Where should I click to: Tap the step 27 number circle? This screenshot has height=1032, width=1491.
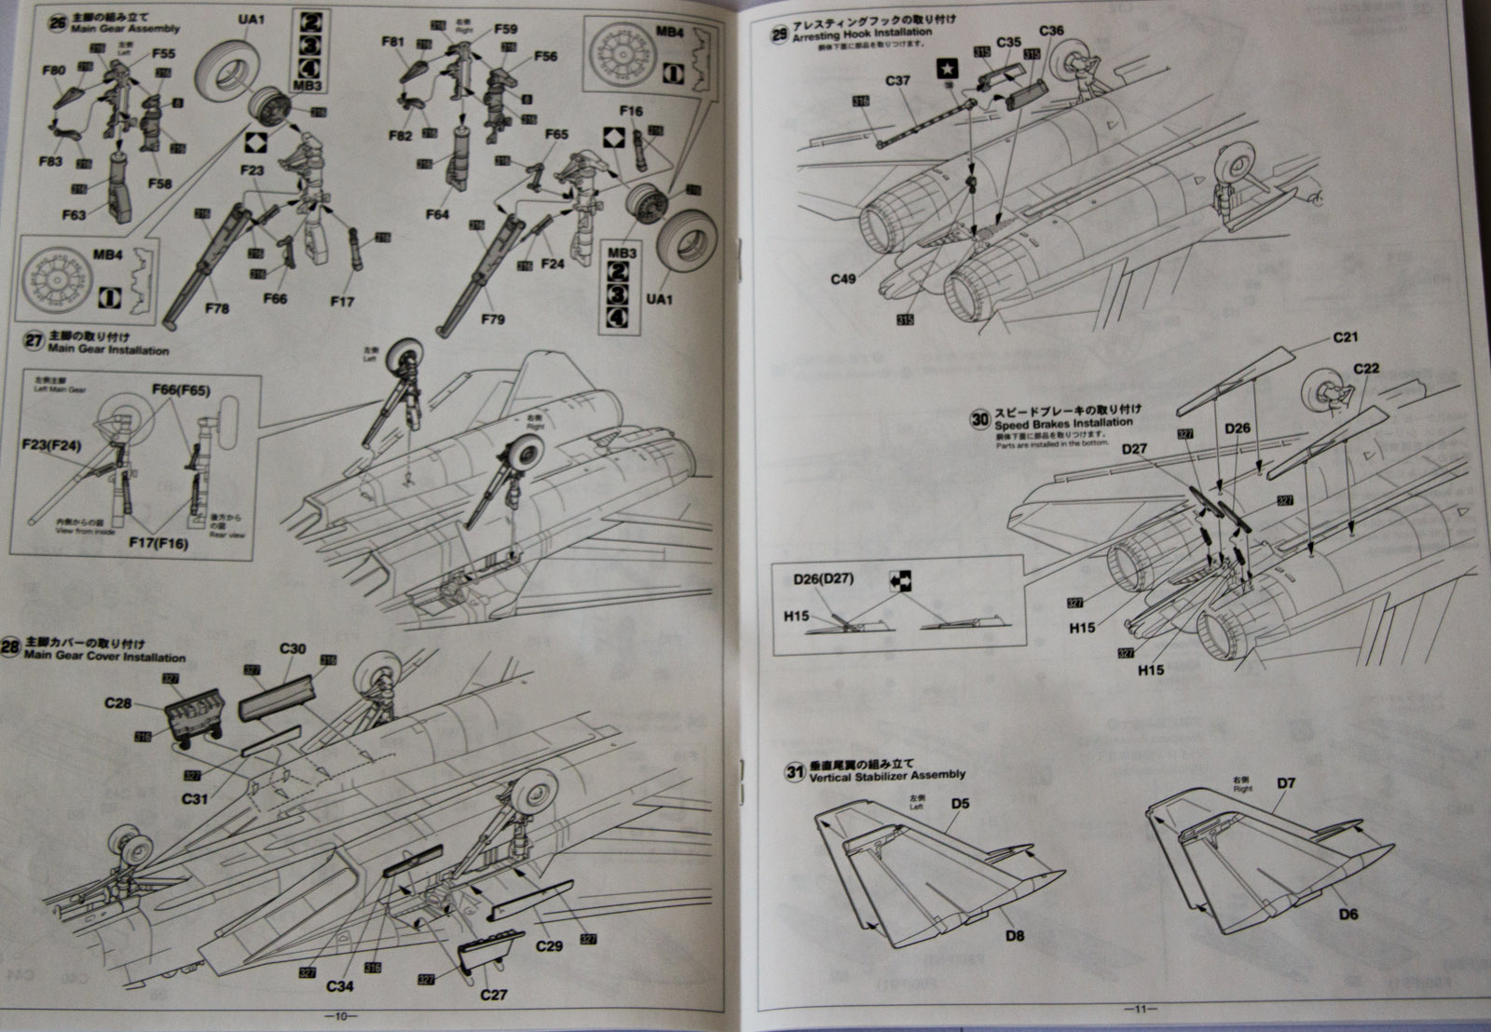point(34,341)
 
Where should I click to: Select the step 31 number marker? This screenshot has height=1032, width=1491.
point(794,771)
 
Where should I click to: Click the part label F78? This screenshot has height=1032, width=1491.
point(216,309)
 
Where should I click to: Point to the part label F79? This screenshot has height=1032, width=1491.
point(493,319)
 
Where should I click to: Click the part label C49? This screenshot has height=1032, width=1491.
point(846,278)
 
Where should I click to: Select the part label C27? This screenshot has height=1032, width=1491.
point(494,995)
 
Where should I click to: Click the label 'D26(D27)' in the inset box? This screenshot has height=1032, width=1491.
point(825,579)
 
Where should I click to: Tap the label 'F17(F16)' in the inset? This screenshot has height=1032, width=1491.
point(158,543)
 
